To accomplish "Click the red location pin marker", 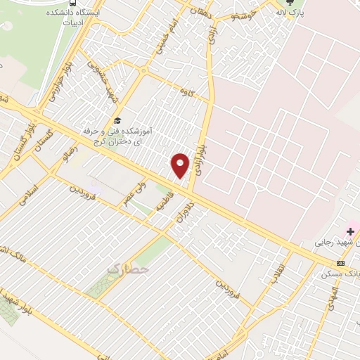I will [x=180, y=165].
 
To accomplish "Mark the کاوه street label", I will [x=186, y=91].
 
